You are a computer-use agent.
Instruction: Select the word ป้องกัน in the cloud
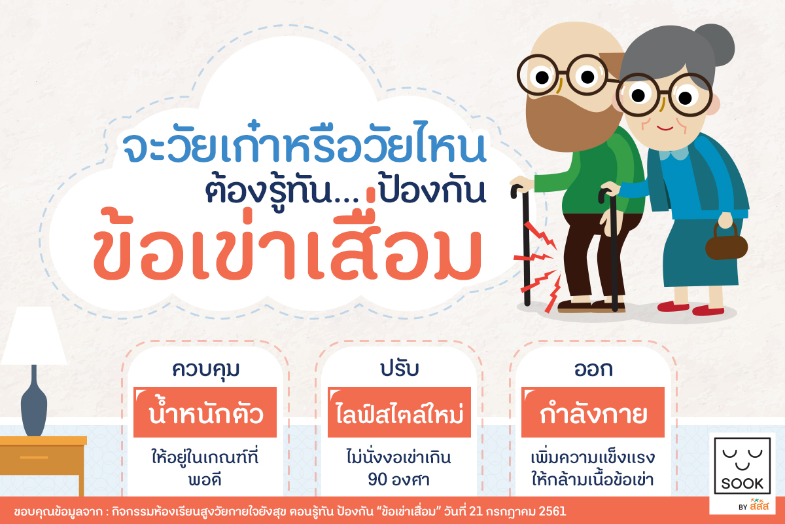(432, 191)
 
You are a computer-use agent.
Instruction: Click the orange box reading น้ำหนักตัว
(205, 413)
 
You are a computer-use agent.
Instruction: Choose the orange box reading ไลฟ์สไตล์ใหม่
(399, 413)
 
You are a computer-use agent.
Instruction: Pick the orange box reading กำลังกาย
(593, 413)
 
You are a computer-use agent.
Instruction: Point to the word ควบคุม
(205, 369)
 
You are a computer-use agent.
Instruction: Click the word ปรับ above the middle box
(400, 369)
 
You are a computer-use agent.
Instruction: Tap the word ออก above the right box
(593, 369)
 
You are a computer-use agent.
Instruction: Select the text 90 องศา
(399, 479)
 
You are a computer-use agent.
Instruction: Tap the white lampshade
(34, 335)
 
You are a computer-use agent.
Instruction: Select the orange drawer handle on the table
(34, 457)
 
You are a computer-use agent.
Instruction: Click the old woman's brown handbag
(727, 243)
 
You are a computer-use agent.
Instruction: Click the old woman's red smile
(665, 128)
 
